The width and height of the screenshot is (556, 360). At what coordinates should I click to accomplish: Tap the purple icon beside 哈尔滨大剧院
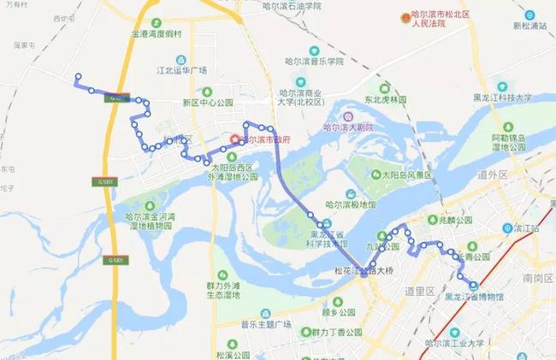click(347, 116)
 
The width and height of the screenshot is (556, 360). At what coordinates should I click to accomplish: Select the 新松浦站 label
click(531, 26)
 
